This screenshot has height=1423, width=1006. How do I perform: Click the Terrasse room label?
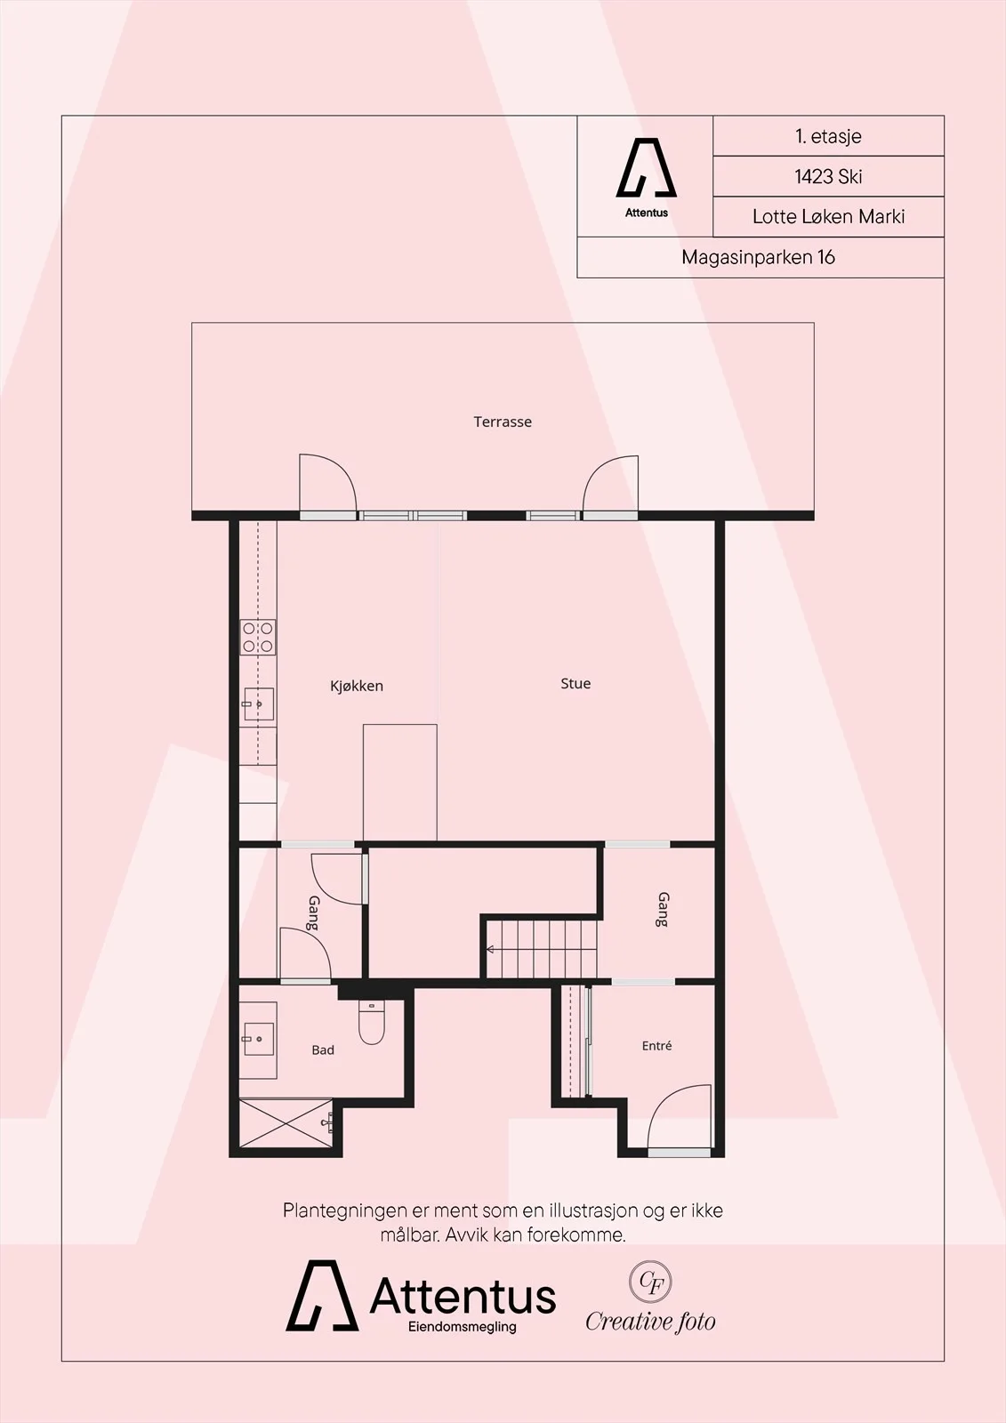click(x=502, y=422)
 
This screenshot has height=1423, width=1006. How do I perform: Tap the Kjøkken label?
click(x=357, y=686)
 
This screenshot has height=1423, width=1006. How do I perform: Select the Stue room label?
click(x=575, y=684)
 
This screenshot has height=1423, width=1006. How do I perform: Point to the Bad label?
click(x=323, y=1050)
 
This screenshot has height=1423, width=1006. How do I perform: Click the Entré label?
click(x=656, y=1046)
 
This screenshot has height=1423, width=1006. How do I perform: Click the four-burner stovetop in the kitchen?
click(x=258, y=637)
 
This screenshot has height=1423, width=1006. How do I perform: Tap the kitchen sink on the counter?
click(x=259, y=703)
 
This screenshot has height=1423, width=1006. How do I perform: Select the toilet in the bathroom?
click(x=372, y=1023)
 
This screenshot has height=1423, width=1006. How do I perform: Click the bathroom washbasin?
click(x=258, y=1040)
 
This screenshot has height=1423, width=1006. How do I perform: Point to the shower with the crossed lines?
click(x=286, y=1123)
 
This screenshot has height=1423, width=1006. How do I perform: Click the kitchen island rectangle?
click(x=399, y=783)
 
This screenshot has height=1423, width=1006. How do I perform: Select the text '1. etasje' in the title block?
click(x=828, y=136)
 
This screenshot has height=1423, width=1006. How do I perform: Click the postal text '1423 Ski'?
click(x=828, y=176)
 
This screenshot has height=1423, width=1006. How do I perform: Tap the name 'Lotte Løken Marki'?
click(x=828, y=217)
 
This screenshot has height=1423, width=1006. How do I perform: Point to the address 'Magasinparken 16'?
click(x=758, y=257)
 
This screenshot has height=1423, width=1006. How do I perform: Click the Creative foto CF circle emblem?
click(x=650, y=1282)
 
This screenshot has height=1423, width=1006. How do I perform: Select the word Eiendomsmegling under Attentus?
click(x=462, y=1327)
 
